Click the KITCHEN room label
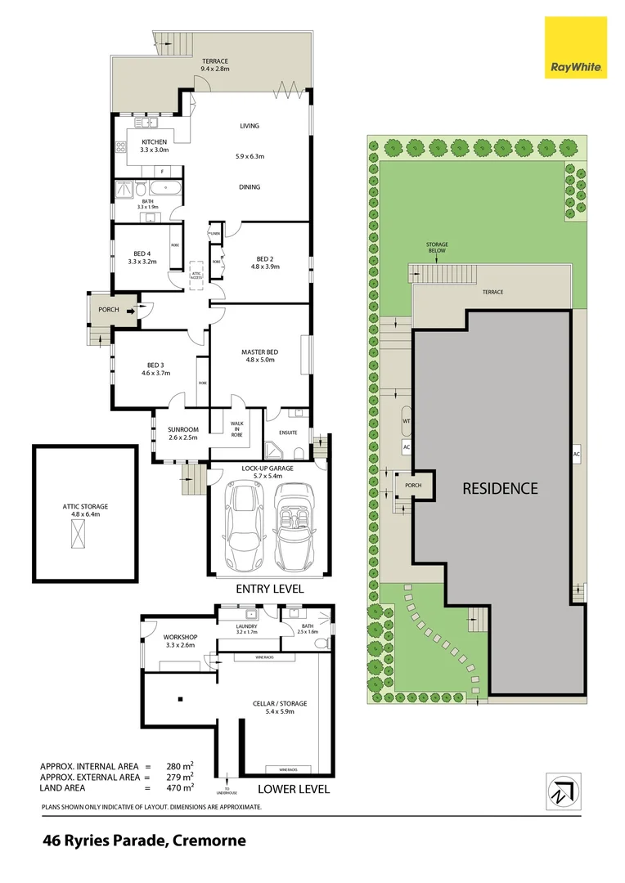[154, 142]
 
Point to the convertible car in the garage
[294, 527]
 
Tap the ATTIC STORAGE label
[85, 506]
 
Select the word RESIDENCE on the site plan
[500, 488]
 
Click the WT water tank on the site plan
[406, 421]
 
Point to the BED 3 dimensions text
[155, 373]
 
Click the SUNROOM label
[183, 428]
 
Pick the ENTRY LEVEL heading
[270, 589]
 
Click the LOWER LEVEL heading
[293, 789]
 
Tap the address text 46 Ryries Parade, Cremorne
[144, 840]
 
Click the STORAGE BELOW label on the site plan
[436, 248]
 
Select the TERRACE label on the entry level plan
[216, 61]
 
